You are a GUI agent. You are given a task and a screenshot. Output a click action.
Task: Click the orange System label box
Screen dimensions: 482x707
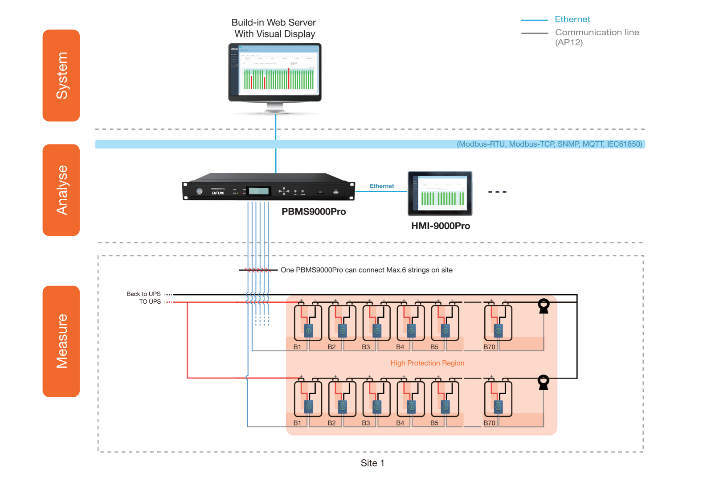[61, 75]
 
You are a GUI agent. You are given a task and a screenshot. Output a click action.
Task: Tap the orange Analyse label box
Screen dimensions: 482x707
[61, 190]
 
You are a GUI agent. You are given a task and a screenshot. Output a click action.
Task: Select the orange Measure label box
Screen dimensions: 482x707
[61, 341]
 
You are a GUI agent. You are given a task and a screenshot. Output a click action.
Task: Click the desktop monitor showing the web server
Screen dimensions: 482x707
[275, 72]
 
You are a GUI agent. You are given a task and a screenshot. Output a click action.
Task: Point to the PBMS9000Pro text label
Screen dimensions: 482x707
[314, 212]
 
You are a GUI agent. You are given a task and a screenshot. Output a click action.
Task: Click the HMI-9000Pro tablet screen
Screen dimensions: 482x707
[440, 193]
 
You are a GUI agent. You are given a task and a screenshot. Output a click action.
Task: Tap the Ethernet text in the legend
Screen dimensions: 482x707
[572, 20]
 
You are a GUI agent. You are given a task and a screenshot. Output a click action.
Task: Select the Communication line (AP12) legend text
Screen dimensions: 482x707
[597, 37]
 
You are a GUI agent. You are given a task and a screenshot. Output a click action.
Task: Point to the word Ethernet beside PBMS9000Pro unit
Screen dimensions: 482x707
[382, 186]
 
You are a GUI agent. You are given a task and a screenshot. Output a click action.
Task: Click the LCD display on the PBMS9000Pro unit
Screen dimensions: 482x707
[259, 191]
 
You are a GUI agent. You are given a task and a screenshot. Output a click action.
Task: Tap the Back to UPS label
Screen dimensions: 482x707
[143, 294]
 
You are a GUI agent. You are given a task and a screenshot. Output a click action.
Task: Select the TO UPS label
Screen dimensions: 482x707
[150, 301]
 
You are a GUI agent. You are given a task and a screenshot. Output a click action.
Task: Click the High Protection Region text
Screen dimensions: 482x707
[427, 363]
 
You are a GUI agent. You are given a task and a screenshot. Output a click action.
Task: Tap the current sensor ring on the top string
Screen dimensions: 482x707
[544, 305]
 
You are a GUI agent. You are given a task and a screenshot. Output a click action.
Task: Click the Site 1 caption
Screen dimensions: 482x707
[372, 463]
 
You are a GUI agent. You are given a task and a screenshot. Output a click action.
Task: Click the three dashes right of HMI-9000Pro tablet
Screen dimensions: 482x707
[497, 192]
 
